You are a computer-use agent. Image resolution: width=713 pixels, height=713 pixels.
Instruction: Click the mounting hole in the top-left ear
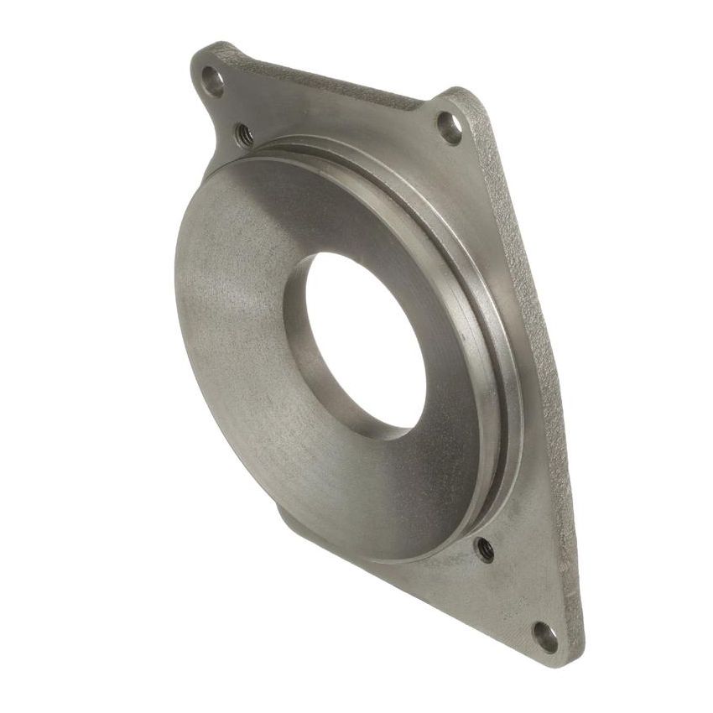[214, 81]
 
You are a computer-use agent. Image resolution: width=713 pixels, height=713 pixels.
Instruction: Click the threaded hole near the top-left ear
[244, 133]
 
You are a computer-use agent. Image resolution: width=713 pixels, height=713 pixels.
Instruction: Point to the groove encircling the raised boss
[470, 277]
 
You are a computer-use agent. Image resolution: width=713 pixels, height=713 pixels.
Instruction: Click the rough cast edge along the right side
[537, 336]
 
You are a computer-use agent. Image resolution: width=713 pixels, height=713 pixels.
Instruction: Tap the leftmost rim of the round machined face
[177, 277]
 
